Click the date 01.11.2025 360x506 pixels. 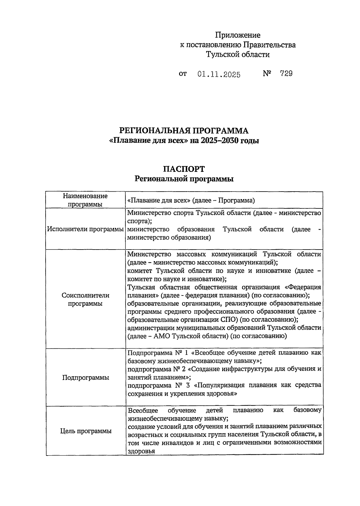pyautogui.click(x=219, y=74)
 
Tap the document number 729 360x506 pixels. pyautogui.click(x=286, y=74)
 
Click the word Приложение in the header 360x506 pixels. pyautogui.click(x=238, y=35)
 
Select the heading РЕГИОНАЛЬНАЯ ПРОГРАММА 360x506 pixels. pyautogui.click(x=184, y=131)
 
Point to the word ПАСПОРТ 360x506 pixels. pyautogui.click(x=184, y=169)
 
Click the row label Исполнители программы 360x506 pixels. pyautogui.click(x=85, y=229)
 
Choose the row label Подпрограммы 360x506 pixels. pyautogui.click(x=85, y=377)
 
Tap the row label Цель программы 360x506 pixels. pyautogui.click(x=85, y=431)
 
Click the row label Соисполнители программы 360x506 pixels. pyautogui.click(x=85, y=299)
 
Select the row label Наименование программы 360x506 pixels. pyautogui.click(x=85, y=200)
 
